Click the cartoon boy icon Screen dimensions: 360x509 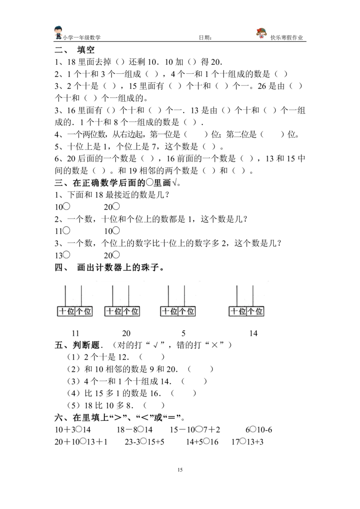[x=59, y=34]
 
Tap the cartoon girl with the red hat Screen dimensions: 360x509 [x=262, y=33]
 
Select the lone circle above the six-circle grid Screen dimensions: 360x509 [x=150, y=182]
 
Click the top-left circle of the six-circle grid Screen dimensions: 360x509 [x=66, y=206]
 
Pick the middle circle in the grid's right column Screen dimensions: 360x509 [x=116, y=230]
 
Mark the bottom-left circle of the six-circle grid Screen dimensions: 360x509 [x=66, y=254]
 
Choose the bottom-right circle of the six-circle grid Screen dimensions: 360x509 [x=116, y=254]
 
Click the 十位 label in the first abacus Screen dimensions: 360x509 [x=67, y=311]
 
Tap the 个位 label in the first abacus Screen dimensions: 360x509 [x=84, y=311]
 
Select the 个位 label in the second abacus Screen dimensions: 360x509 [x=130, y=311]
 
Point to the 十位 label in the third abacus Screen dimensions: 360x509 [x=169, y=311]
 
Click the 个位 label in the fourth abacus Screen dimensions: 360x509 [x=255, y=311]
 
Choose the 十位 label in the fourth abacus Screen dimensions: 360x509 [x=238, y=311]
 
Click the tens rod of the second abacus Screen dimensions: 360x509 [x=113, y=295]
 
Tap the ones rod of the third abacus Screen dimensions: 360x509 [x=184, y=295]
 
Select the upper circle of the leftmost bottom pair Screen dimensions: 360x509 [x=78, y=429]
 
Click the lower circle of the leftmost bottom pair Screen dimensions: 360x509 [x=83, y=441]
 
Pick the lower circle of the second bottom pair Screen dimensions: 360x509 [x=143, y=441]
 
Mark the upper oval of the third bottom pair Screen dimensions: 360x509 [x=199, y=429]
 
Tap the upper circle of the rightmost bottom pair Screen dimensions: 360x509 [x=253, y=429]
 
